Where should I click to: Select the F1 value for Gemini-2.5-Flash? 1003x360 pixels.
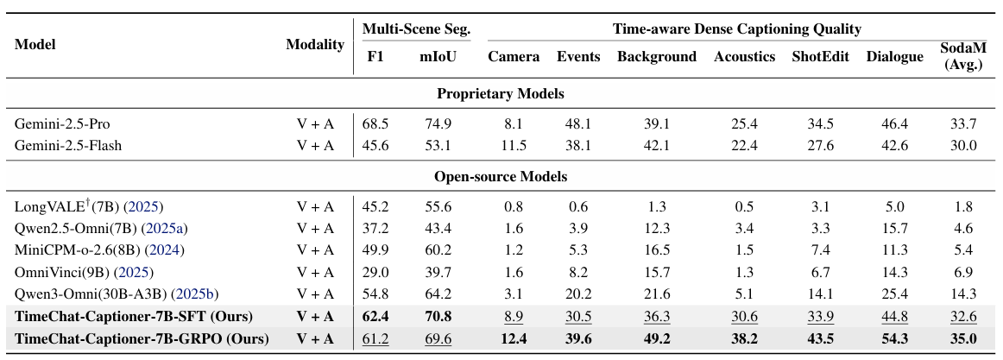tap(376, 146)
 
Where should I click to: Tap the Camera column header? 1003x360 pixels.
tap(514, 57)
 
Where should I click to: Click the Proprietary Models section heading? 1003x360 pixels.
tap(501, 93)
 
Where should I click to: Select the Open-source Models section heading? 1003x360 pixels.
tap(501, 177)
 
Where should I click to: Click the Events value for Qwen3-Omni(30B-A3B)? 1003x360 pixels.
tap(578, 294)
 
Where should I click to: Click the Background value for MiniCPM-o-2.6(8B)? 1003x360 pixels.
tap(656, 250)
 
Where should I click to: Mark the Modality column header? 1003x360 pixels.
tap(315, 45)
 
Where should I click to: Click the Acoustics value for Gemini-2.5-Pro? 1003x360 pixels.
tap(744, 124)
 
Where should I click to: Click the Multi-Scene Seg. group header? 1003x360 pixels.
tap(416, 29)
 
